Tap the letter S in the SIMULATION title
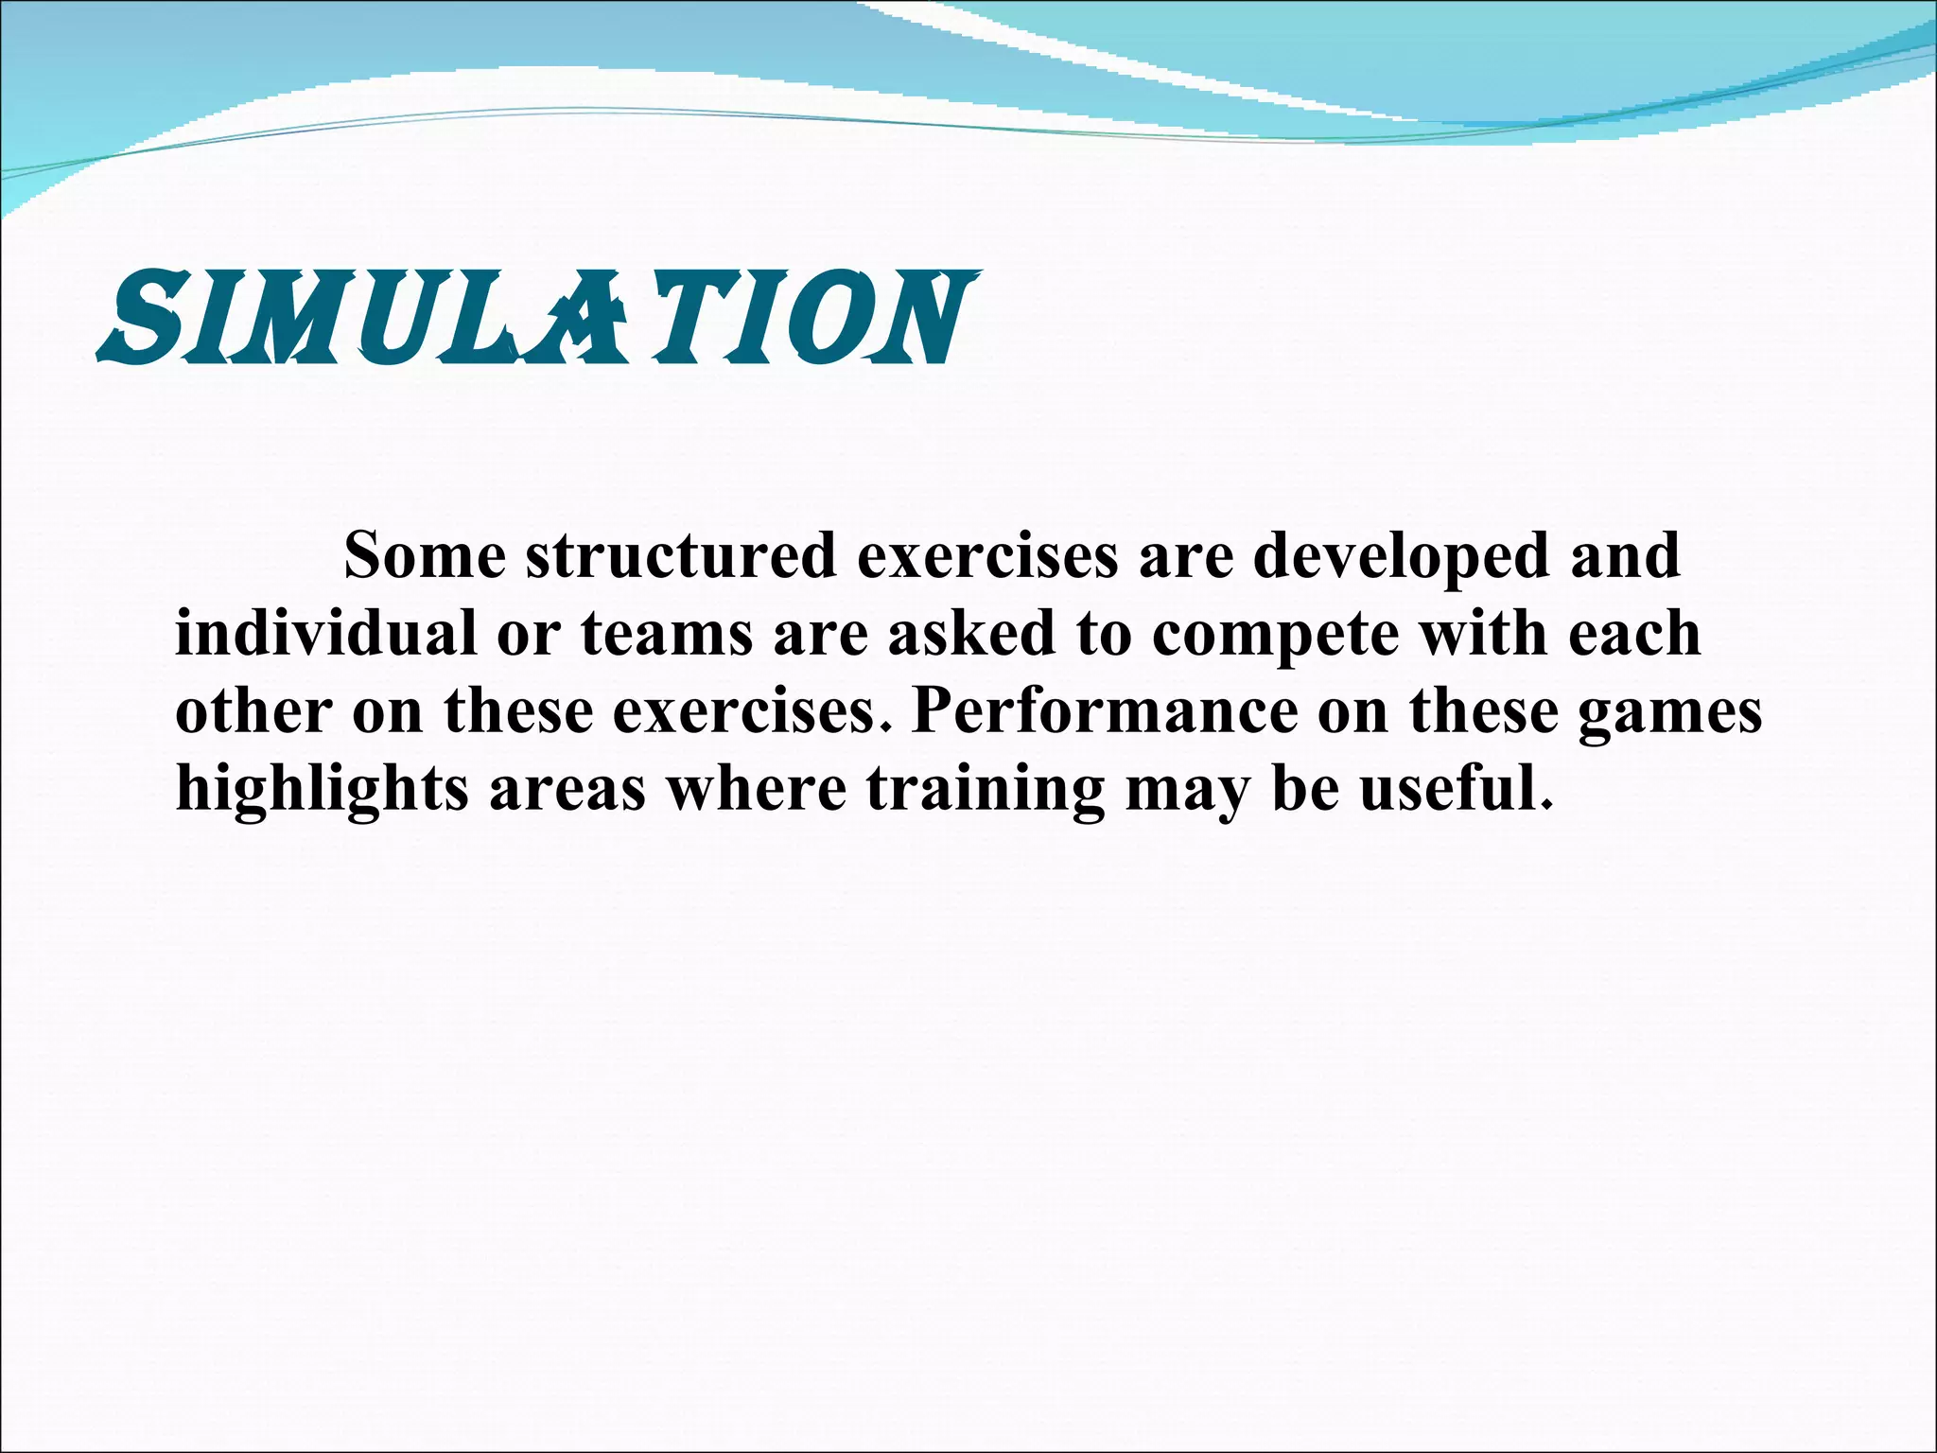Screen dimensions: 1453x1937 pos(142,319)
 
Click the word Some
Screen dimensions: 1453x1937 pos(425,555)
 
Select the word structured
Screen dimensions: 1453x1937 pos(681,557)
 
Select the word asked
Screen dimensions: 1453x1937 pos(970,633)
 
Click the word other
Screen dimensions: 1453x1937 pos(253,710)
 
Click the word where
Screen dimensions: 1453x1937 pos(758,788)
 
